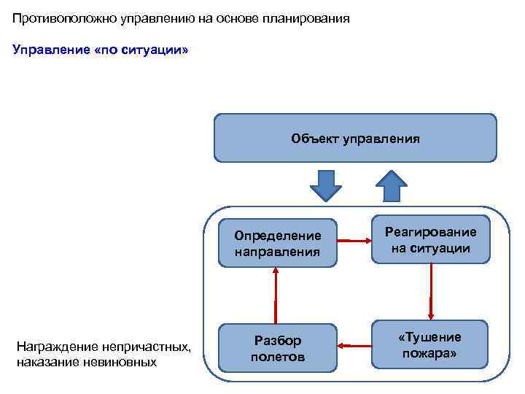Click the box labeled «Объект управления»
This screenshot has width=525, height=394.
355,138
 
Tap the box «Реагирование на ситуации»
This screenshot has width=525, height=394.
430,239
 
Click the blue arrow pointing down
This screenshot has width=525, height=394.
326,185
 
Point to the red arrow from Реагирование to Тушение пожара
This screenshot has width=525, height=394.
431,290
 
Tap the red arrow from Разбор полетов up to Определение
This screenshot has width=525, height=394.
276,295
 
